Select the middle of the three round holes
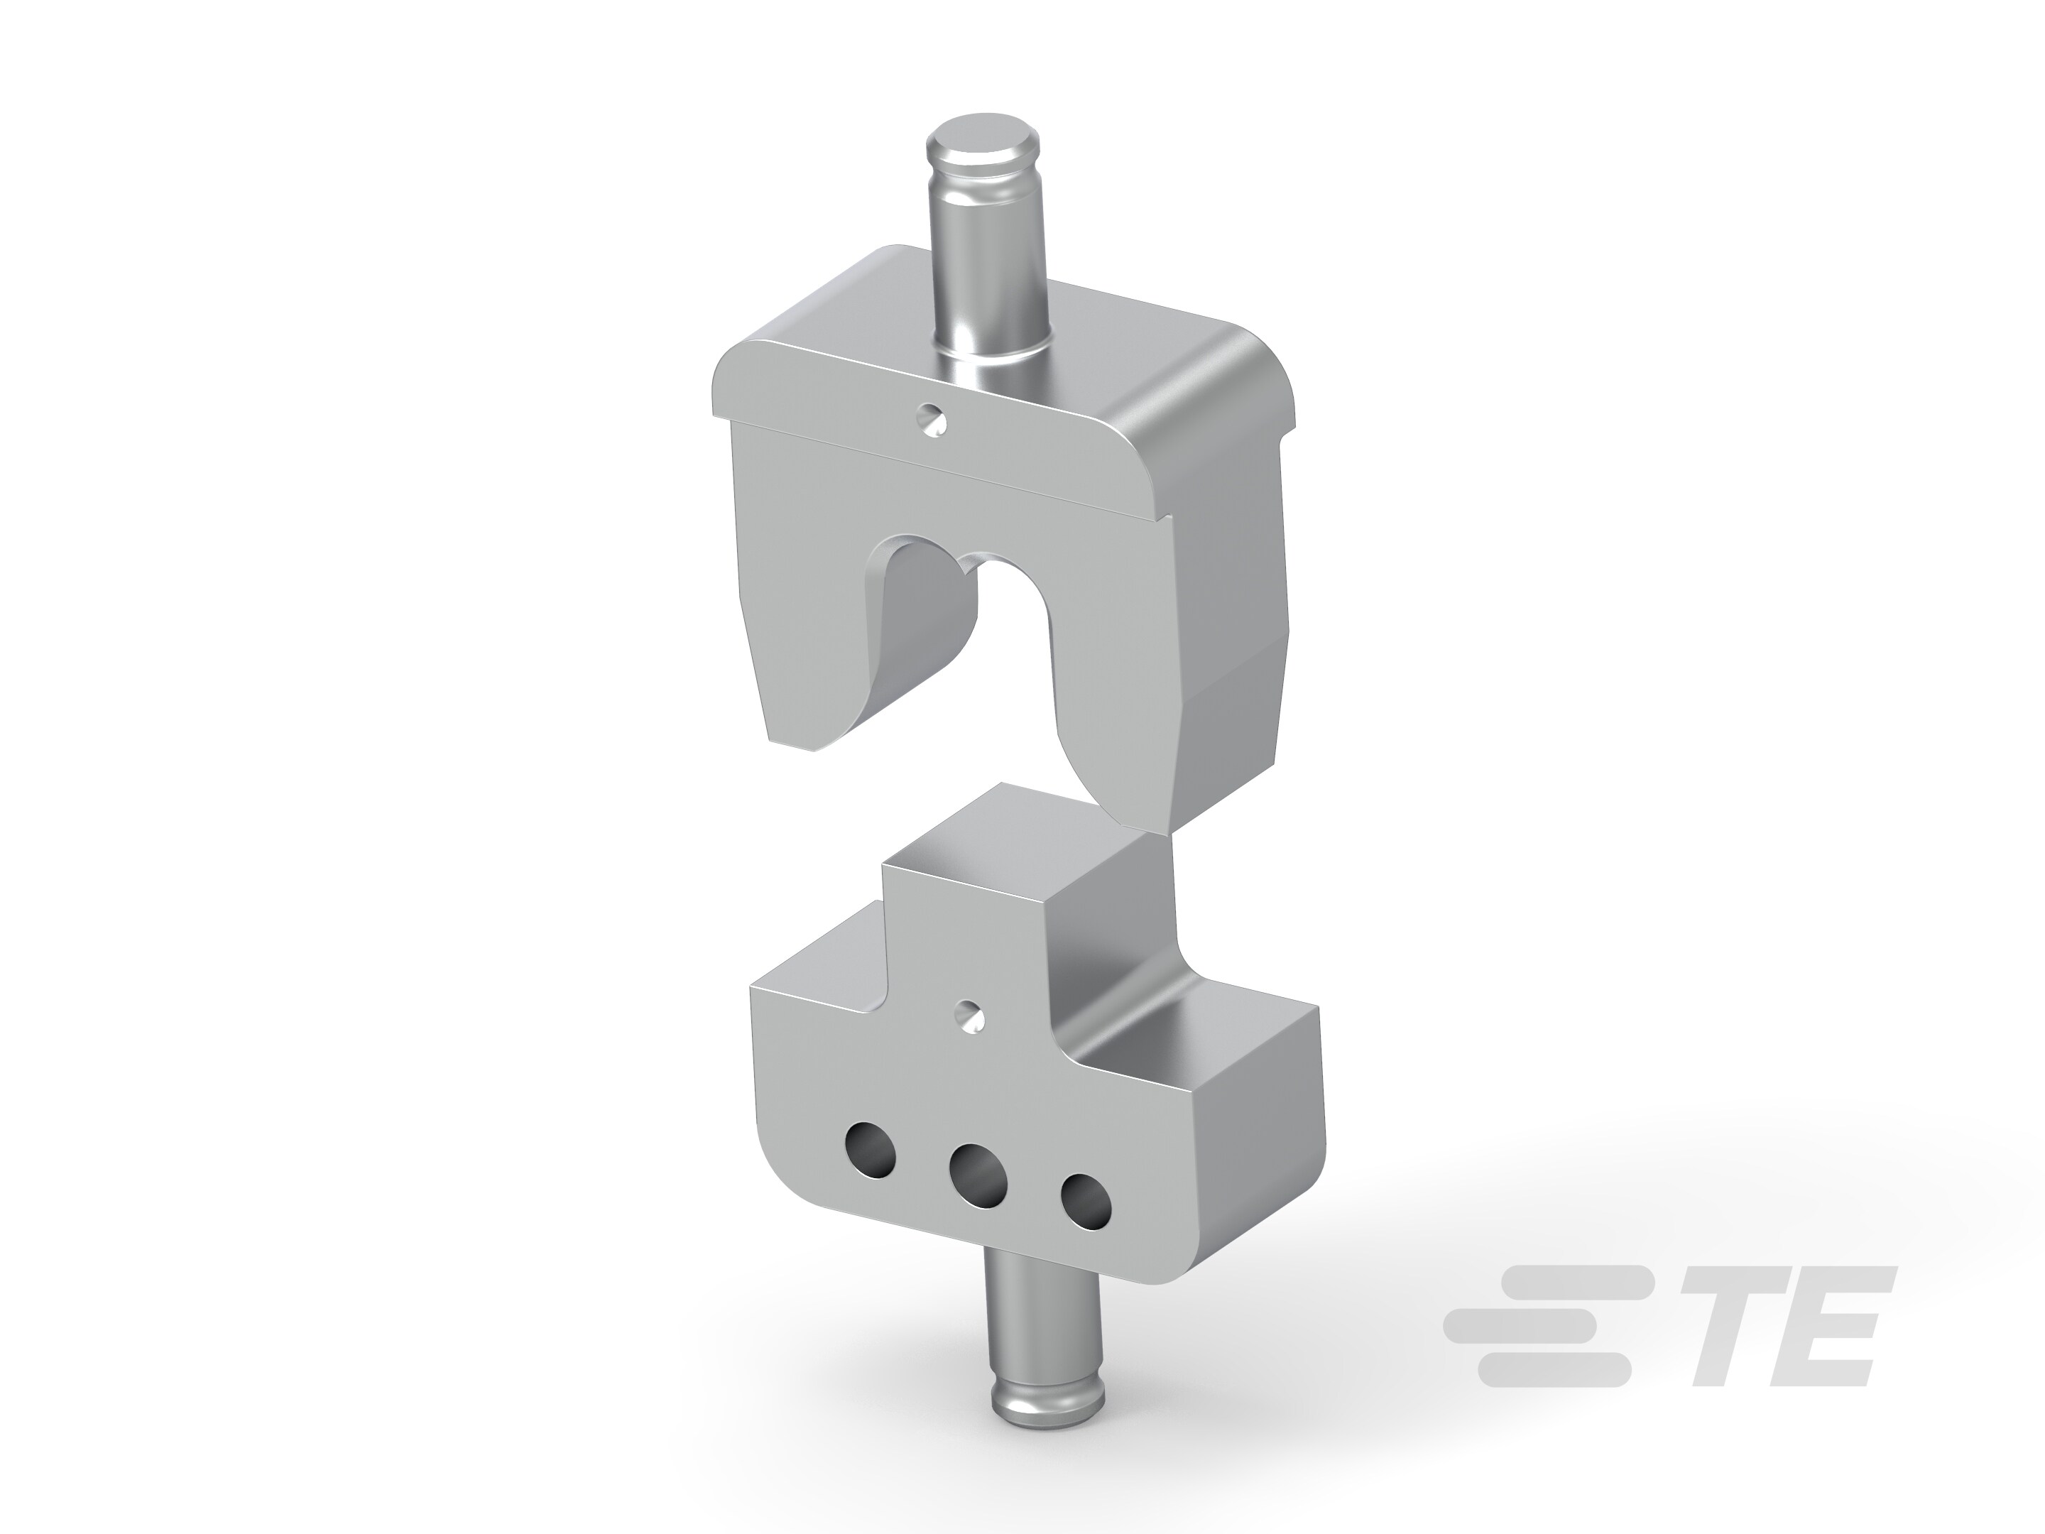click(979, 1175)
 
